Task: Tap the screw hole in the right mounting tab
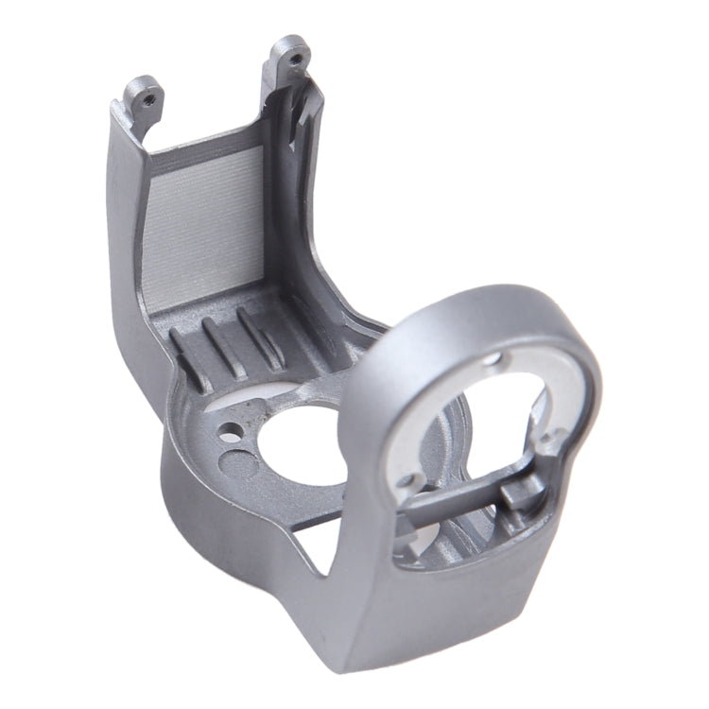point(297,59)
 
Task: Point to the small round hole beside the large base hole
point(228,436)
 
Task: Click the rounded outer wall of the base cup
point(217,529)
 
